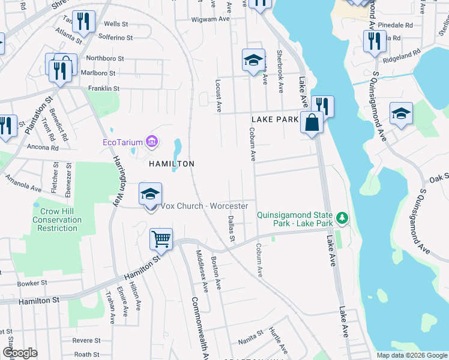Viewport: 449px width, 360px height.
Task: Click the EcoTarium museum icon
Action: pos(152,142)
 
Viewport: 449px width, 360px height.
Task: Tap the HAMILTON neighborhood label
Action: pos(172,163)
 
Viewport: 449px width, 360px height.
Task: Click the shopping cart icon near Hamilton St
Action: pos(161,239)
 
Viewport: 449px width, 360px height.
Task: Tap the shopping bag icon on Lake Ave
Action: pos(312,124)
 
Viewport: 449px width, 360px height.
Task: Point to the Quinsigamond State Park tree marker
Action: pos(342,217)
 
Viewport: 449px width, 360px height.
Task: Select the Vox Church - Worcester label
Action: pos(203,206)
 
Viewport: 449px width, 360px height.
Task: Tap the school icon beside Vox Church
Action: pos(151,194)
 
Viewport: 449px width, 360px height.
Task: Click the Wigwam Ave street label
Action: pos(211,19)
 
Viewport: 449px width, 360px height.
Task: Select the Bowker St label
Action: pos(32,283)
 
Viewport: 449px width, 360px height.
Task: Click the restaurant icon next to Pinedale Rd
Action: pos(375,41)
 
